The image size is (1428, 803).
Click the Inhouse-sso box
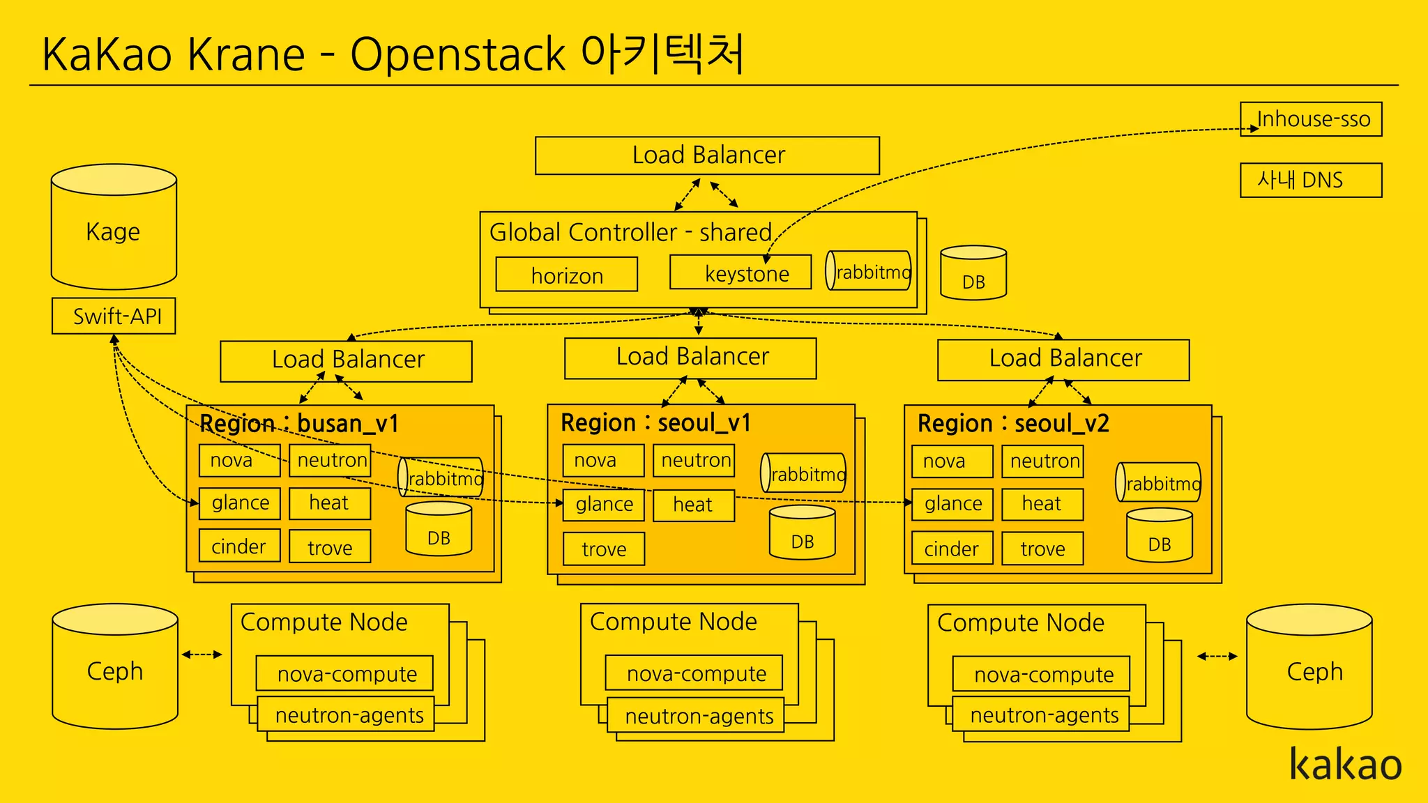1311,119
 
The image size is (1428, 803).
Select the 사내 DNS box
1311,181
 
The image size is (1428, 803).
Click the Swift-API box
114,316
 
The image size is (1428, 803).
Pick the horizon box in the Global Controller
566,275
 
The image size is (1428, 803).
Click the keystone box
740,273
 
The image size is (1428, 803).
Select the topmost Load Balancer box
707,155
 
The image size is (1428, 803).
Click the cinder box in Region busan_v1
239,546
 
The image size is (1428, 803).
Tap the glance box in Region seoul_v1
604,504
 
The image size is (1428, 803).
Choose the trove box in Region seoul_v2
1042,549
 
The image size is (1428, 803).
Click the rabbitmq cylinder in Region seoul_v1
803,473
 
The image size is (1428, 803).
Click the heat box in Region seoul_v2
1042,504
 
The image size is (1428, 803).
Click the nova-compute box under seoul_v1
694,673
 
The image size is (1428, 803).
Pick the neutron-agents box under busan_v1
346,714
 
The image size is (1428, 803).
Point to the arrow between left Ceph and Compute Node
202,655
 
